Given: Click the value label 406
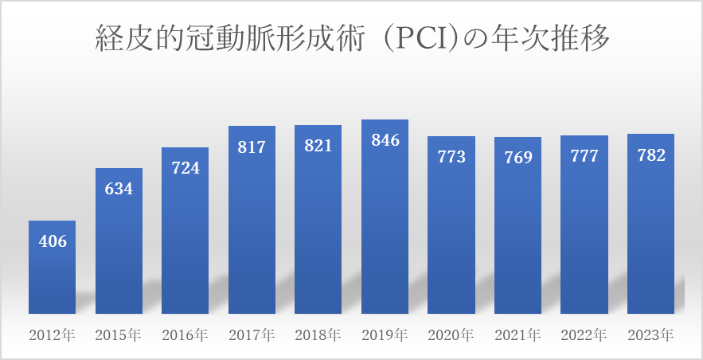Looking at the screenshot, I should click(x=53, y=241).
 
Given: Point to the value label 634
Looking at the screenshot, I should click(x=119, y=189).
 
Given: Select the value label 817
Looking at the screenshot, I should click(x=252, y=147).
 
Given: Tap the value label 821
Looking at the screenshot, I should click(x=318, y=147).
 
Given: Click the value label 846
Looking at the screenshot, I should click(x=385, y=141).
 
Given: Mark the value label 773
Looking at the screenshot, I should click(x=451, y=157).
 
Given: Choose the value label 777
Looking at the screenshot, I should click(x=584, y=156).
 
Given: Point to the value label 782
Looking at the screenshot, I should click(x=650, y=155).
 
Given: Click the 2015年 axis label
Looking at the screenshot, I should click(x=119, y=334).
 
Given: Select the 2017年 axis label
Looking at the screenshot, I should click(x=252, y=334).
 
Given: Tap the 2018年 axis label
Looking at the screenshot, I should click(x=318, y=334).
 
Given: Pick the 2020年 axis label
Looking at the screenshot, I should click(x=451, y=334).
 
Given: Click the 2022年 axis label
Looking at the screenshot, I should click(x=584, y=334).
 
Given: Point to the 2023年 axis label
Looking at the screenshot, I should click(x=650, y=334).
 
